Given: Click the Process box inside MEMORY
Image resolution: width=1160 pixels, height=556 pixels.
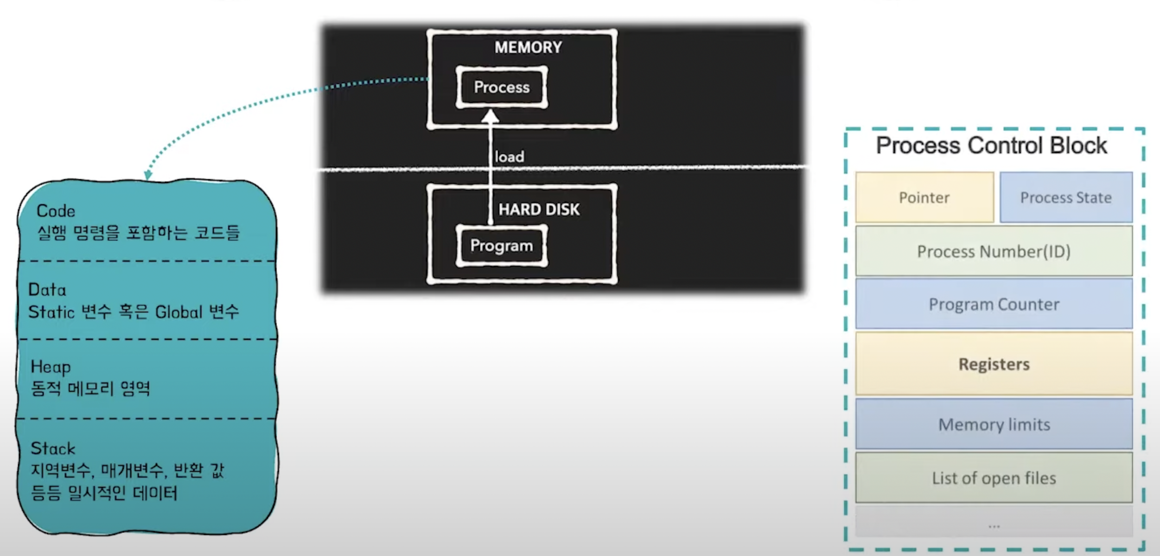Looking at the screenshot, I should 502,87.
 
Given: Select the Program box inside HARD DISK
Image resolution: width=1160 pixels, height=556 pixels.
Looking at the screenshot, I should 502,246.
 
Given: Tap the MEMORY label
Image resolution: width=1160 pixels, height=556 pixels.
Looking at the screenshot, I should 528,47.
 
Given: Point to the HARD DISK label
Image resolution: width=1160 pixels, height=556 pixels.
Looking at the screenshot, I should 539,209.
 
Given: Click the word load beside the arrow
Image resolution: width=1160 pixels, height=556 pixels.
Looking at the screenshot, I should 509,157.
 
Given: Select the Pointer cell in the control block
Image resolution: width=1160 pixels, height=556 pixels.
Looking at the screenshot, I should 924,198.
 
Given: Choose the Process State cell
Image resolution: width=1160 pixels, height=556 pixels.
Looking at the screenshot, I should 1065,198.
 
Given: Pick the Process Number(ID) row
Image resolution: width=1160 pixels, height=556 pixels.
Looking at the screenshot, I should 994,252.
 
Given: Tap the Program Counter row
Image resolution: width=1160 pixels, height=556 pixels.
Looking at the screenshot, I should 994,304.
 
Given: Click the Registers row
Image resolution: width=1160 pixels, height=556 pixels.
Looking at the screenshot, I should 994,364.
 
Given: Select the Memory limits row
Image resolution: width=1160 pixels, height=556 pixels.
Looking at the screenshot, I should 994,424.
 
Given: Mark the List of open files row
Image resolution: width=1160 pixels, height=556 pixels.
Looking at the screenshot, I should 994,478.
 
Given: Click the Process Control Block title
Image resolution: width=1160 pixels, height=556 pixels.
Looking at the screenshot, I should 991,145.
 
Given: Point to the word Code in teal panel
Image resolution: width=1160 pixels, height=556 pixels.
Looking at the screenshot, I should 56,211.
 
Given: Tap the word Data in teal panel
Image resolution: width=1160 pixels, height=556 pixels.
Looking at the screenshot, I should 47,290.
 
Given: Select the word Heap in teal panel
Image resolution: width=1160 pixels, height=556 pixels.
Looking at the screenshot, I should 51,367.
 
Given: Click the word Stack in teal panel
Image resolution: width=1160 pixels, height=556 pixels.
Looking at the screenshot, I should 53,449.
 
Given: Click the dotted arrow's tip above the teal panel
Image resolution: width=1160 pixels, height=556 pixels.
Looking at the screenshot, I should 148,176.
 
